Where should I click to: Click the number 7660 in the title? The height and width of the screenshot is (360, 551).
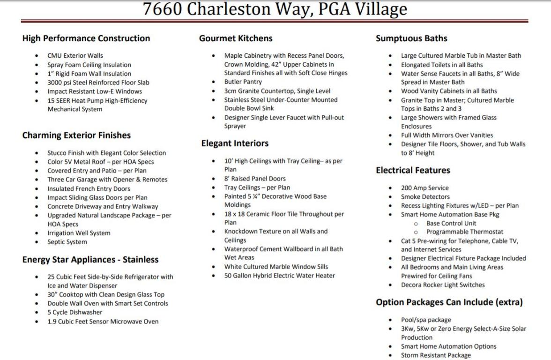click(163, 9)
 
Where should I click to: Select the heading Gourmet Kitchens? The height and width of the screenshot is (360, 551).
click(236, 38)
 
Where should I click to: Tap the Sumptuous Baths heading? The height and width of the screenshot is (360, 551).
click(411, 38)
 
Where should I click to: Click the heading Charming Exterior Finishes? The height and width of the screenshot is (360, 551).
click(76, 135)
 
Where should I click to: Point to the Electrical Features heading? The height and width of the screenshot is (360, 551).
click(413, 170)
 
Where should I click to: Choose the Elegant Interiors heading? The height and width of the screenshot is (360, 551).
click(235, 143)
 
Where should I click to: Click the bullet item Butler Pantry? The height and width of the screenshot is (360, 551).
click(243, 82)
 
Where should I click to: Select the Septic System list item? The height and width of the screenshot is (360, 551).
click(67, 242)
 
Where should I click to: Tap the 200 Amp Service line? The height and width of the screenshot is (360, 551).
click(424, 188)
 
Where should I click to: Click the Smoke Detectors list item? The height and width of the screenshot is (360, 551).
click(425, 197)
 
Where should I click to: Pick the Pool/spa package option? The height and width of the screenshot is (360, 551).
click(426, 320)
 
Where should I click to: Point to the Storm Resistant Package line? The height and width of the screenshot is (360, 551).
click(436, 355)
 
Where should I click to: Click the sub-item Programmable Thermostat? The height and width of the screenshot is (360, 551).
click(465, 232)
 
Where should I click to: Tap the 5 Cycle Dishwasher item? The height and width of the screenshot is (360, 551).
click(74, 312)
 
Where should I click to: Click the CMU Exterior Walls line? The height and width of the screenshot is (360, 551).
click(75, 56)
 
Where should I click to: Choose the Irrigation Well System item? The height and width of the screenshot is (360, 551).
click(79, 233)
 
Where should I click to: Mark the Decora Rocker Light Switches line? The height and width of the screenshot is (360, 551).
click(443, 285)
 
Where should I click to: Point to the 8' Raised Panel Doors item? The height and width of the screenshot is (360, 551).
click(254, 179)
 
